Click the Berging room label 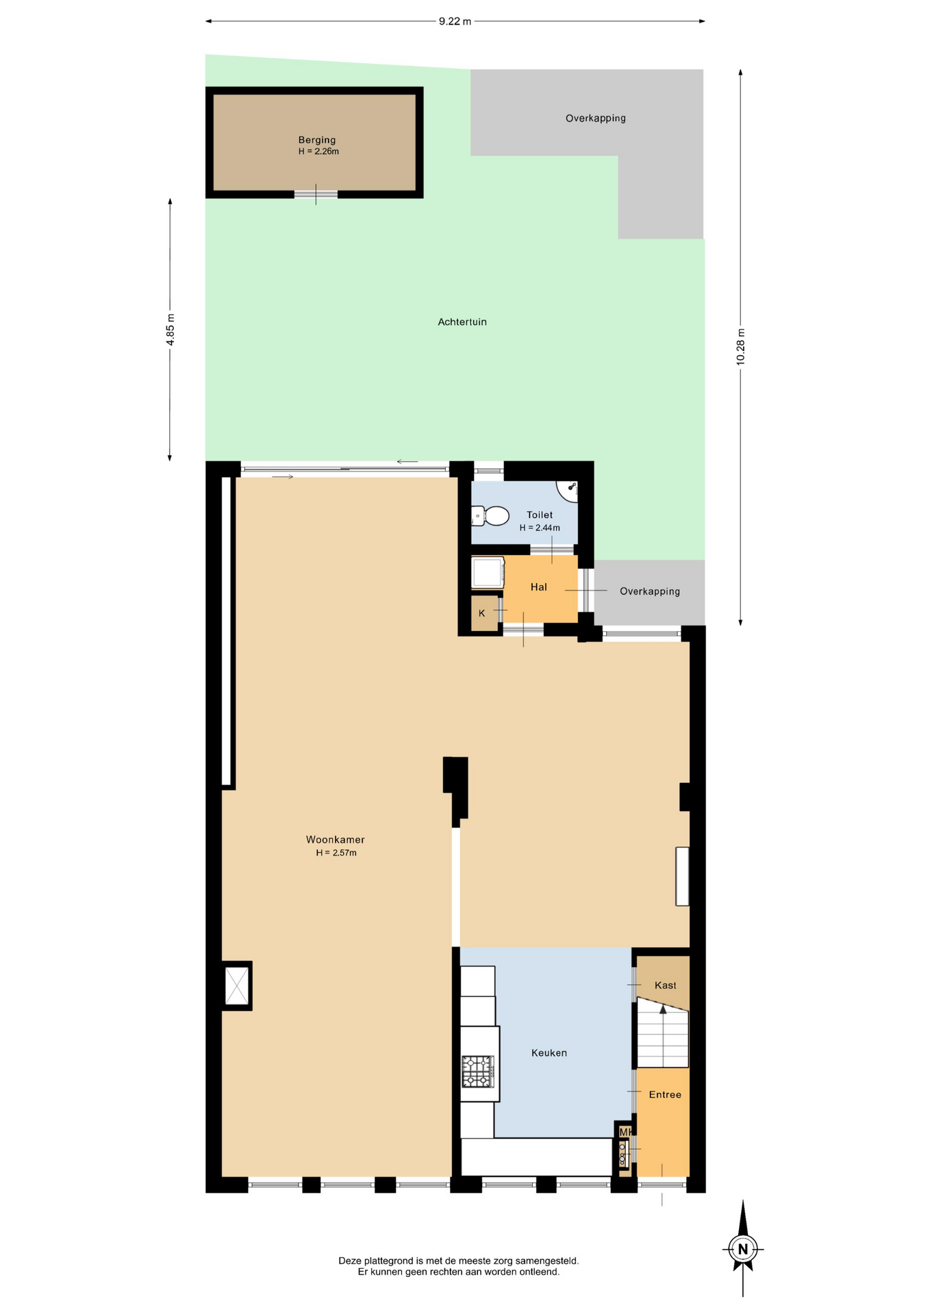(x=317, y=140)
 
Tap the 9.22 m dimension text (x=455, y=21)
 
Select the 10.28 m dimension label (x=740, y=347)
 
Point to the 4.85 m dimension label (x=171, y=330)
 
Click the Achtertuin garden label (x=462, y=322)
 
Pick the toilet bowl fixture (x=490, y=515)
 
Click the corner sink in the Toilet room (x=568, y=490)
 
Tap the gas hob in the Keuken (x=477, y=1072)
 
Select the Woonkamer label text (x=335, y=840)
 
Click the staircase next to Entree (x=663, y=1033)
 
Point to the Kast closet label (x=665, y=985)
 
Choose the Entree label (x=665, y=1095)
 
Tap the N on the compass (x=743, y=1249)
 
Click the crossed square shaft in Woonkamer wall (x=237, y=986)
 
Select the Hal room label (x=538, y=587)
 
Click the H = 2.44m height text (x=540, y=528)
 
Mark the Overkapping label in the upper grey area (x=596, y=118)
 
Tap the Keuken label (x=549, y=1053)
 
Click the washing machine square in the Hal (x=488, y=573)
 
